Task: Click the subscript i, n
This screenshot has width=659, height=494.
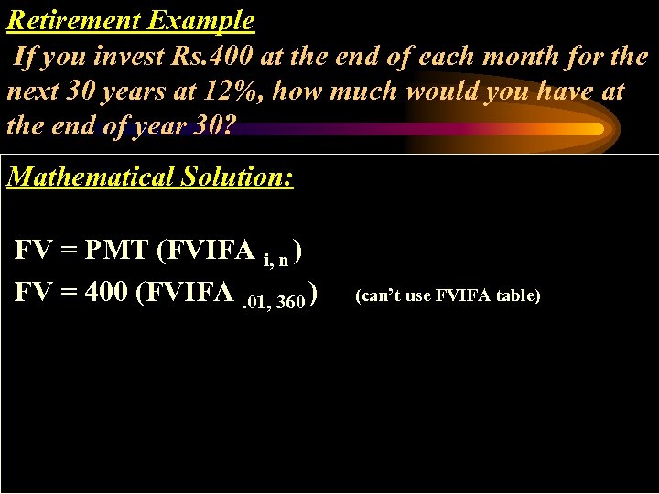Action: point(276,260)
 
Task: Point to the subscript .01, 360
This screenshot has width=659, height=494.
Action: point(274,303)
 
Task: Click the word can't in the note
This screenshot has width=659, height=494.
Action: point(377,295)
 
